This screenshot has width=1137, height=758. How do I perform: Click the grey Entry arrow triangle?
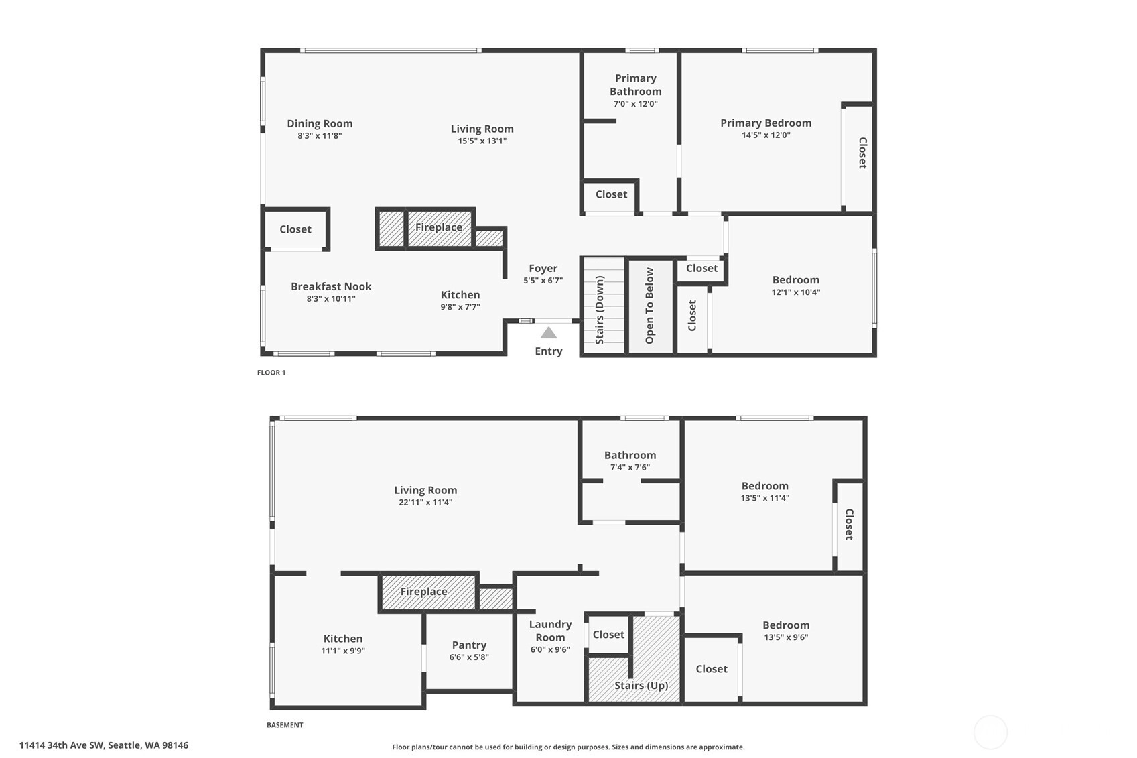[548, 333]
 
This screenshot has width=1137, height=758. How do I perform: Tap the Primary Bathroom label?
[636, 85]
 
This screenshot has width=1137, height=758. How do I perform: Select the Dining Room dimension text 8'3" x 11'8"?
[320, 135]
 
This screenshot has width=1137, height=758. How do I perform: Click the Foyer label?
[543, 268]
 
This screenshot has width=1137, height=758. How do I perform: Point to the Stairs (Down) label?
[600, 310]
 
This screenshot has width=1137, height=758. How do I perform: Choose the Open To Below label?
[649, 306]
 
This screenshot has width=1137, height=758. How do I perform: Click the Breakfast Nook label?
[331, 286]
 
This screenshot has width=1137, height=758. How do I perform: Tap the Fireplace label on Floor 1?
[439, 227]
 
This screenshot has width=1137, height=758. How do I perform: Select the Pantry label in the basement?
[469, 645]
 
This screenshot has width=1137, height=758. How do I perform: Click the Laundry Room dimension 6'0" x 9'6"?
[550, 649]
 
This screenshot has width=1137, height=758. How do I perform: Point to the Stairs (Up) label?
[641, 686]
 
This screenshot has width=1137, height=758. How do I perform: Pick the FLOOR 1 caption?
[271, 373]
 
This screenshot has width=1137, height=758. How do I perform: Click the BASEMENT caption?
[285, 725]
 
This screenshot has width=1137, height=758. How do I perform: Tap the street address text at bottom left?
[104, 745]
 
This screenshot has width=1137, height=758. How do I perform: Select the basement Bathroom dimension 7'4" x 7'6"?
[630, 467]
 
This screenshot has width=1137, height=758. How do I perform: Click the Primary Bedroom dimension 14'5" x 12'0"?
[766, 135]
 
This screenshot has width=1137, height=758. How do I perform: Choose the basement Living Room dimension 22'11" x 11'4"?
[425, 502]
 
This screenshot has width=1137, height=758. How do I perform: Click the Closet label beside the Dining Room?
[295, 229]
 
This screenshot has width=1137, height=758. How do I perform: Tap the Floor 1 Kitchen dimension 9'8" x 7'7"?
[460, 307]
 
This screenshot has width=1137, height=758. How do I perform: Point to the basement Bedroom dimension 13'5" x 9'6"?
[787, 637]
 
